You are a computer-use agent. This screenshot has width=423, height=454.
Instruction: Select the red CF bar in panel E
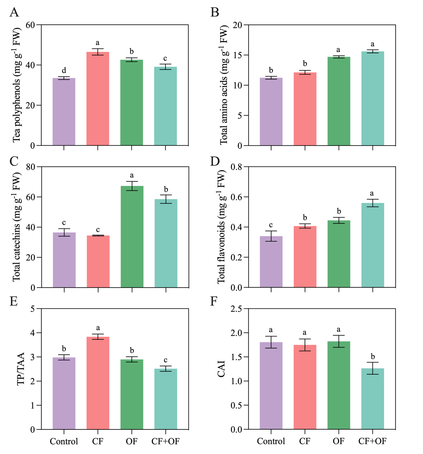pos(98,383)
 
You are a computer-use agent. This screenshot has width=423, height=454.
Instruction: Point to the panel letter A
pos(14,12)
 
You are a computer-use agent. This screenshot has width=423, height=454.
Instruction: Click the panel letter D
pos(215,161)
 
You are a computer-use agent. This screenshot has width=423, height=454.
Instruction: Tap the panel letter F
pos(214,301)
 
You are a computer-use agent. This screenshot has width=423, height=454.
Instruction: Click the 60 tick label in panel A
pos(30,25)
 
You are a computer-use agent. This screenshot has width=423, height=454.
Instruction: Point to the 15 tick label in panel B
pos(237,55)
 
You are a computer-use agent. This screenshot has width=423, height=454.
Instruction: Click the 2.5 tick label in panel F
pos(237,309)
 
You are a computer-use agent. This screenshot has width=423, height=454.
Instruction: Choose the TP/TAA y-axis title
pos(21,369)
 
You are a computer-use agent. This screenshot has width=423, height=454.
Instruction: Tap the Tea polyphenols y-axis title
pos(16,85)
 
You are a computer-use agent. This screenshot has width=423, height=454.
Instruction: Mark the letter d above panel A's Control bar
pos(64,70)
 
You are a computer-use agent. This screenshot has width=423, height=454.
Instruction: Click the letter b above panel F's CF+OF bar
pos(373,356)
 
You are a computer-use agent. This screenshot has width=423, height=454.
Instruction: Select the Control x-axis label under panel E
pos(64,441)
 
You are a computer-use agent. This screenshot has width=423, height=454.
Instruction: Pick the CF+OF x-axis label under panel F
pos(372,441)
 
